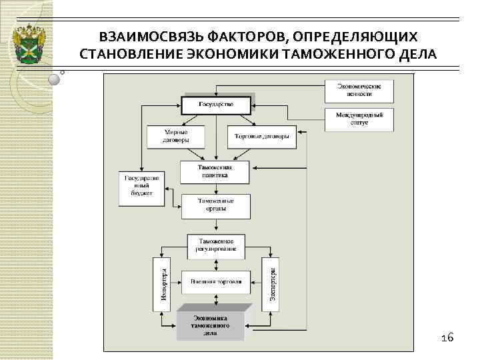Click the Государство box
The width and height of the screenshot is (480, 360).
(x=215, y=106)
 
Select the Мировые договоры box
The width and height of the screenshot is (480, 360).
(x=176, y=137)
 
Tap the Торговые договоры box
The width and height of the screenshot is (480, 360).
(x=261, y=137)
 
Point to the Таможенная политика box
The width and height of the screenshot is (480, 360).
(x=215, y=172)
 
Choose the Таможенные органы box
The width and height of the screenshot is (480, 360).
(x=215, y=205)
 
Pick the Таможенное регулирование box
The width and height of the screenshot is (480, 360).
(x=215, y=245)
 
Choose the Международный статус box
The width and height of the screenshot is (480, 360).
(x=359, y=119)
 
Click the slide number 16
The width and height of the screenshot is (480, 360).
(x=447, y=338)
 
